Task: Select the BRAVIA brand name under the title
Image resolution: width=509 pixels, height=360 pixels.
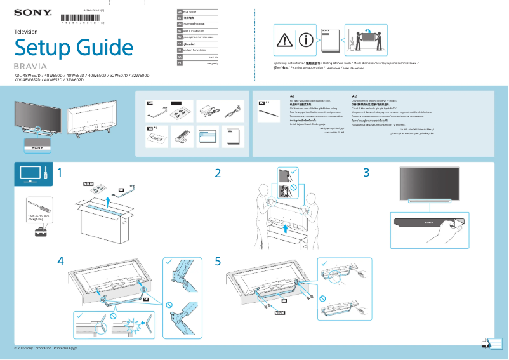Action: click(30, 66)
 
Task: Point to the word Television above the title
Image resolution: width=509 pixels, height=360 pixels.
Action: click(26, 32)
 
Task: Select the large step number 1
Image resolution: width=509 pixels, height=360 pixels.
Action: click(60, 173)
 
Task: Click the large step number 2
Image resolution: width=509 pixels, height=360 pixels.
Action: click(218, 173)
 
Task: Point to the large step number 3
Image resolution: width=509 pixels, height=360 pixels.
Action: click(366, 172)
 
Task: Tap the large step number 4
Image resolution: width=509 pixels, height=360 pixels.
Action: click(60, 261)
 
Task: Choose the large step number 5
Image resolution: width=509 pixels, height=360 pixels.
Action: click(218, 261)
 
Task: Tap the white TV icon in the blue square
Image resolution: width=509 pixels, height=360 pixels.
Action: click(29, 173)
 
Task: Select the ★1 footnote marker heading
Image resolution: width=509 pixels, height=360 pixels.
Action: click(291, 95)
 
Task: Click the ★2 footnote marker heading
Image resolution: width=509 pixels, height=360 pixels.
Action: click(354, 95)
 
